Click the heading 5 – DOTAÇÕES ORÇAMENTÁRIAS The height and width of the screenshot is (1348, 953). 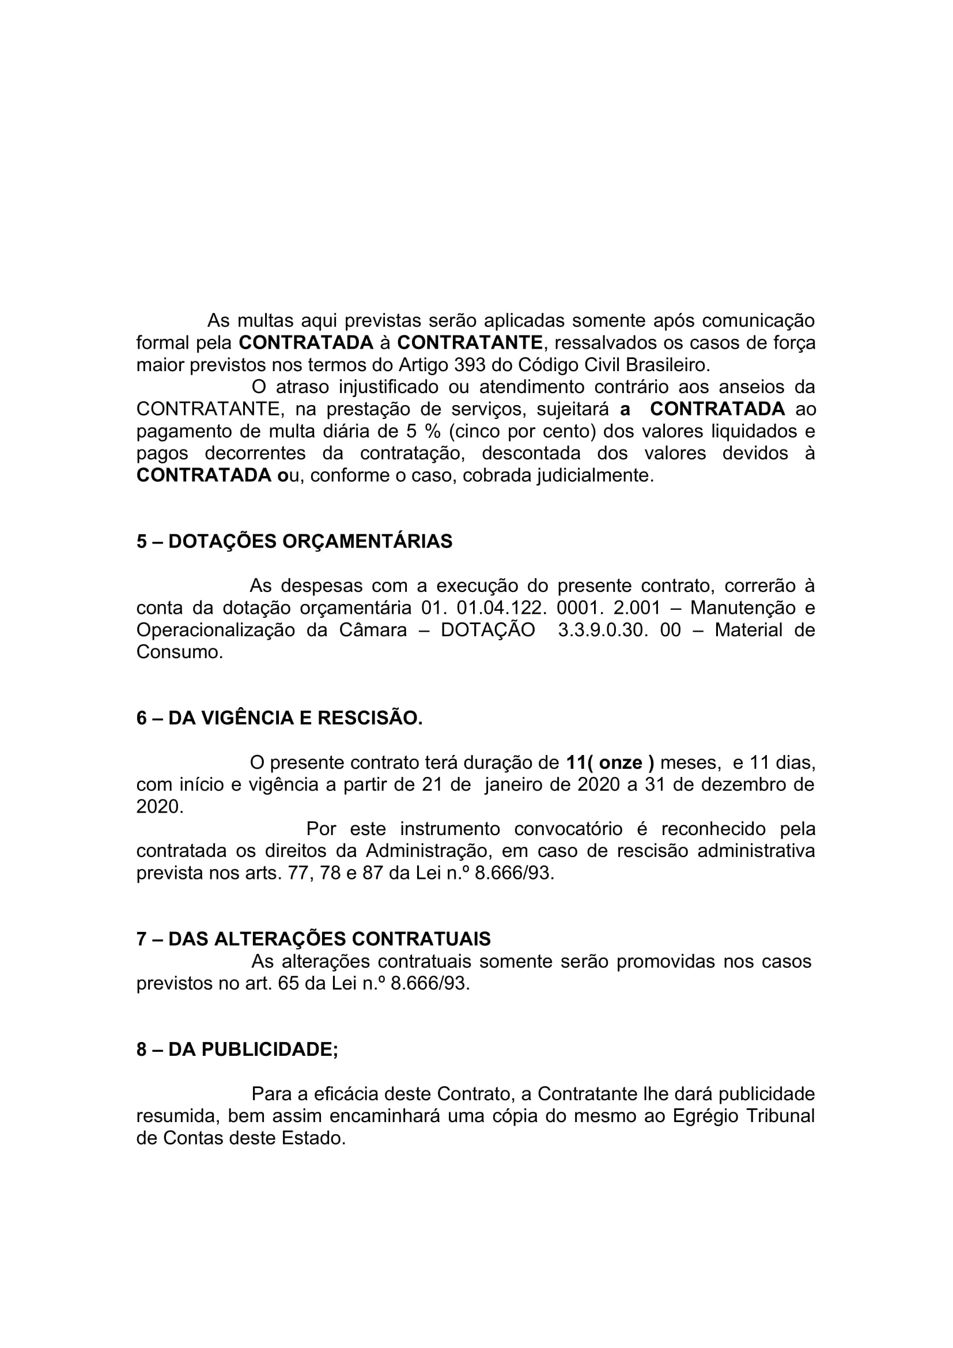pyautogui.click(x=294, y=541)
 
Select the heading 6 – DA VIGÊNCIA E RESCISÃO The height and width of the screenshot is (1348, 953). pyautogui.click(x=279, y=718)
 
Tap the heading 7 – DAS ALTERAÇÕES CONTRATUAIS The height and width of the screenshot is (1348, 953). pyautogui.click(x=313, y=939)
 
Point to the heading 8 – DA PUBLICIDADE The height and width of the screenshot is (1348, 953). pyautogui.click(x=237, y=1049)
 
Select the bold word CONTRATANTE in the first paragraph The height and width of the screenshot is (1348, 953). pyautogui.click(x=470, y=342)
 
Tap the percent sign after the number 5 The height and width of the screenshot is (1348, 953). pyautogui.click(x=433, y=432)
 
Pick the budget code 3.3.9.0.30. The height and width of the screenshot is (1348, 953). pyautogui.click(x=604, y=630)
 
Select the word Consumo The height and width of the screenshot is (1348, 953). pyautogui.click(x=180, y=652)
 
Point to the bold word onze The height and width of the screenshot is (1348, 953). pyautogui.click(x=621, y=762)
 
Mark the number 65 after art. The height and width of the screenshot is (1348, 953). pyautogui.click(x=288, y=983)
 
